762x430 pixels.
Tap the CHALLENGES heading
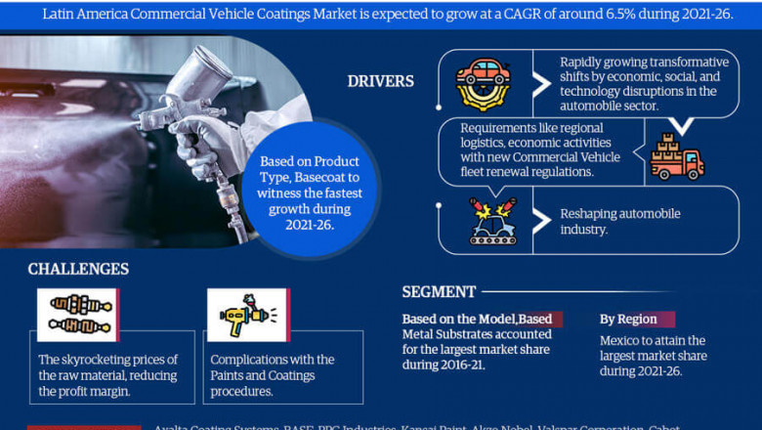[x=78, y=269]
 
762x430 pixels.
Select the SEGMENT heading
[x=439, y=291]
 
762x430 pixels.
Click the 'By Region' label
[x=627, y=320]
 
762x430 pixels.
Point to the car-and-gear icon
[x=483, y=74]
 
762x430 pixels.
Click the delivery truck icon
[x=677, y=156]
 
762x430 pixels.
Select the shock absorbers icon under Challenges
[x=79, y=315]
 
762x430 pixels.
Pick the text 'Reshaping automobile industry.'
[x=619, y=221]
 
